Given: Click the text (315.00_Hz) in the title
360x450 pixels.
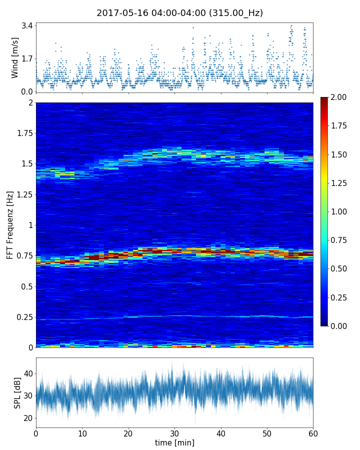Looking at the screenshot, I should [x=236, y=13].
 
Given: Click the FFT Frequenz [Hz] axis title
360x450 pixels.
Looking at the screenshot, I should [x=10, y=224].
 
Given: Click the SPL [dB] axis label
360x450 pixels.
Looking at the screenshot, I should [x=17, y=392].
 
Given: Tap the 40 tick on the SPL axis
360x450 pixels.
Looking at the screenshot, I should [x=28, y=373].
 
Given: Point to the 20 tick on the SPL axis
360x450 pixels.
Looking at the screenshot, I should [x=28, y=418].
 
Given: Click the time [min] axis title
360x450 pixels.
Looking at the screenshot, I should [x=174, y=442].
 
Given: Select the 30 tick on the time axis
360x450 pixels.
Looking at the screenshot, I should [x=174, y=433].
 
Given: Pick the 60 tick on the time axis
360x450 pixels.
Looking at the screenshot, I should [x=313, y=433].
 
